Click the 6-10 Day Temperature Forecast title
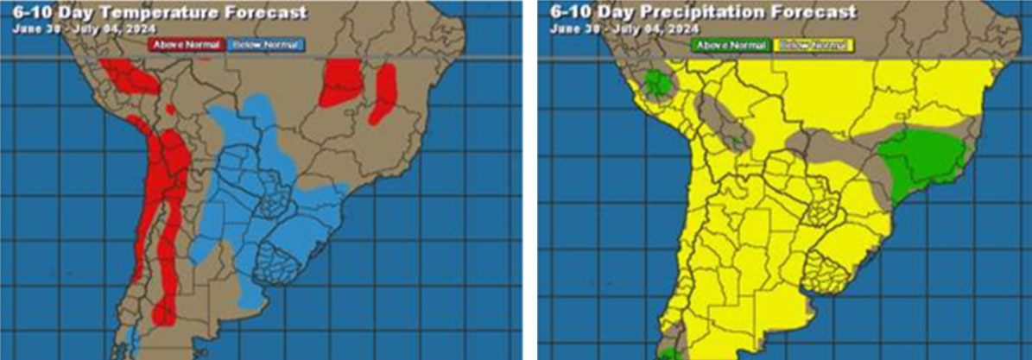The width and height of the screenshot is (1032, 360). (x=160, y=12)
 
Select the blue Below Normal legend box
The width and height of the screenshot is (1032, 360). (x=265, y=42)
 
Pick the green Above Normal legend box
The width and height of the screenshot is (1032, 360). (x=730, y=43)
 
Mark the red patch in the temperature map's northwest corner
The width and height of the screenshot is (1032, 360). (x=130, y=77)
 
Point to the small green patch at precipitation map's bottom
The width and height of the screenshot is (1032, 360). (x=667, y=353)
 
